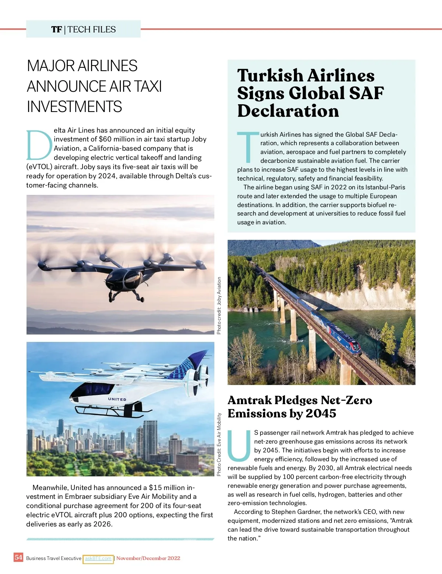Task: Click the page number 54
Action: point(18,557)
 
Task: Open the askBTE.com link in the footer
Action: point(98,559)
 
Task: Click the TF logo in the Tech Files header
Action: point(56,29)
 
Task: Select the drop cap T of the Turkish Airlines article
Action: point(248,147)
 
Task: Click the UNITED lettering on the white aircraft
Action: point(117,399)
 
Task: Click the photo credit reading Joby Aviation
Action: point(219,305)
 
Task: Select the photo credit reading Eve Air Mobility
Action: point(219,444)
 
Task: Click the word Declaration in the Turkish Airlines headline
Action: point(288,111)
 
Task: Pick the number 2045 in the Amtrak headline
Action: point(321,413)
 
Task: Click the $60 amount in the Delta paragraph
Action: point(105,139)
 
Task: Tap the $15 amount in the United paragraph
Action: point(155,487)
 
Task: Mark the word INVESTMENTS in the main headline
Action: point(74,107)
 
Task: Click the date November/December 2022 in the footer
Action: point(148,558)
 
